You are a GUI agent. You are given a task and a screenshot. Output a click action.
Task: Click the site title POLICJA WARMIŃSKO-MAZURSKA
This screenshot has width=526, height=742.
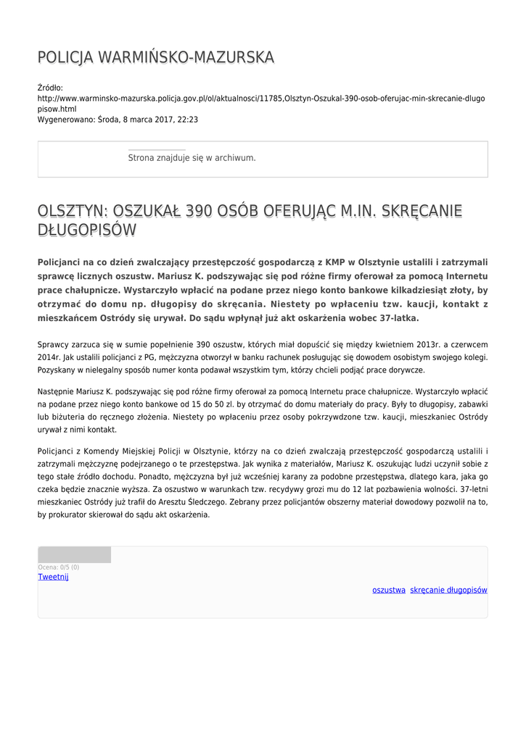point(155,57)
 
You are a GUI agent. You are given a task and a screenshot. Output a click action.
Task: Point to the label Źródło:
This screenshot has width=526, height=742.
point(50,88)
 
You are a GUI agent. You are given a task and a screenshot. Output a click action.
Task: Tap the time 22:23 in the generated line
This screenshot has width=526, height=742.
point(187,120)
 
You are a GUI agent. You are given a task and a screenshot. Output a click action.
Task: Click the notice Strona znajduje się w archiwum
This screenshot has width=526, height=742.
point(192,157)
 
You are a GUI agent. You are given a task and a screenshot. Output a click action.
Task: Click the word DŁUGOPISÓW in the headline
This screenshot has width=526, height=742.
point(87,230)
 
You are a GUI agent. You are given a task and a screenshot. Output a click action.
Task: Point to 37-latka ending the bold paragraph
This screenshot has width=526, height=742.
point(395,317)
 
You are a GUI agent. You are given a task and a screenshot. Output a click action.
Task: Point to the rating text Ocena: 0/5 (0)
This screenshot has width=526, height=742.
point(59,567)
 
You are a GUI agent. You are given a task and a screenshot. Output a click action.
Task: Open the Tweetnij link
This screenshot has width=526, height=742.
point(53,577)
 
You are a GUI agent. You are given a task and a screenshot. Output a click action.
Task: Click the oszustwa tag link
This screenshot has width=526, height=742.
point(389,590)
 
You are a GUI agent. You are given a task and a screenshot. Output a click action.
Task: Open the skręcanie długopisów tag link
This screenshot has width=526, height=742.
point(448,590)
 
